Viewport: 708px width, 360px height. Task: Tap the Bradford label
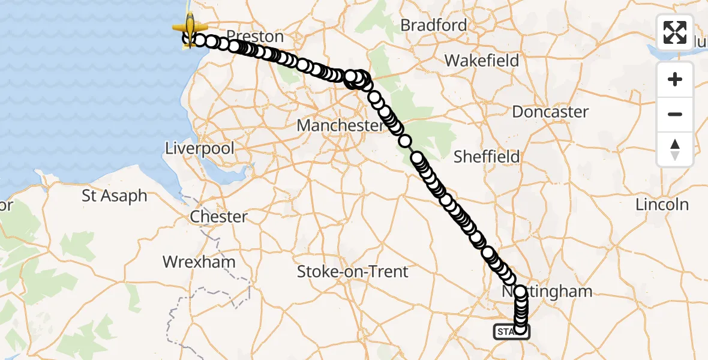coord(433,25)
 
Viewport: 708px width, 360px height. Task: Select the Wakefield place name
coord(477,61)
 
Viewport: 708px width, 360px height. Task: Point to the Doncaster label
coord(550,112)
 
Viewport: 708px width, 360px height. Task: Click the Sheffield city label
coord(487,157)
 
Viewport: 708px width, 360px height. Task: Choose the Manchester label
coord(340,126)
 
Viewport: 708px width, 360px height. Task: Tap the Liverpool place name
coord(201,148)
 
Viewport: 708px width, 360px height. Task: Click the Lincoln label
coord(662,204)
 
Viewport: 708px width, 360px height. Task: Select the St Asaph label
coord(115,196)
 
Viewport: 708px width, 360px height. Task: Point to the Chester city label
coord(219,217)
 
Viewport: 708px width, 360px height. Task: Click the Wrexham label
coord(199,262)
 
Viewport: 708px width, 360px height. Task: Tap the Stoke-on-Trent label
coord(353,272)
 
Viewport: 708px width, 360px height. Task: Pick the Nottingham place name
coord(552,292)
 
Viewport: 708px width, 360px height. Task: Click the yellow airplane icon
coord(190,27)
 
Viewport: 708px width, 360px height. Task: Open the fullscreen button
coord(675,32)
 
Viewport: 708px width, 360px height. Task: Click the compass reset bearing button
coord(675,149)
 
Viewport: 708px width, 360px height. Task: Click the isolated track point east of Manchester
coord(406,141)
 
